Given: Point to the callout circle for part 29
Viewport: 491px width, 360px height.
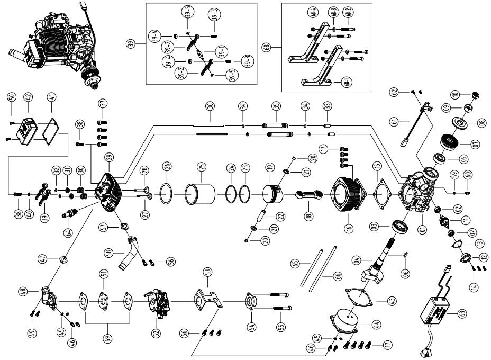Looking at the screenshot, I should (x=109, y=157).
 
